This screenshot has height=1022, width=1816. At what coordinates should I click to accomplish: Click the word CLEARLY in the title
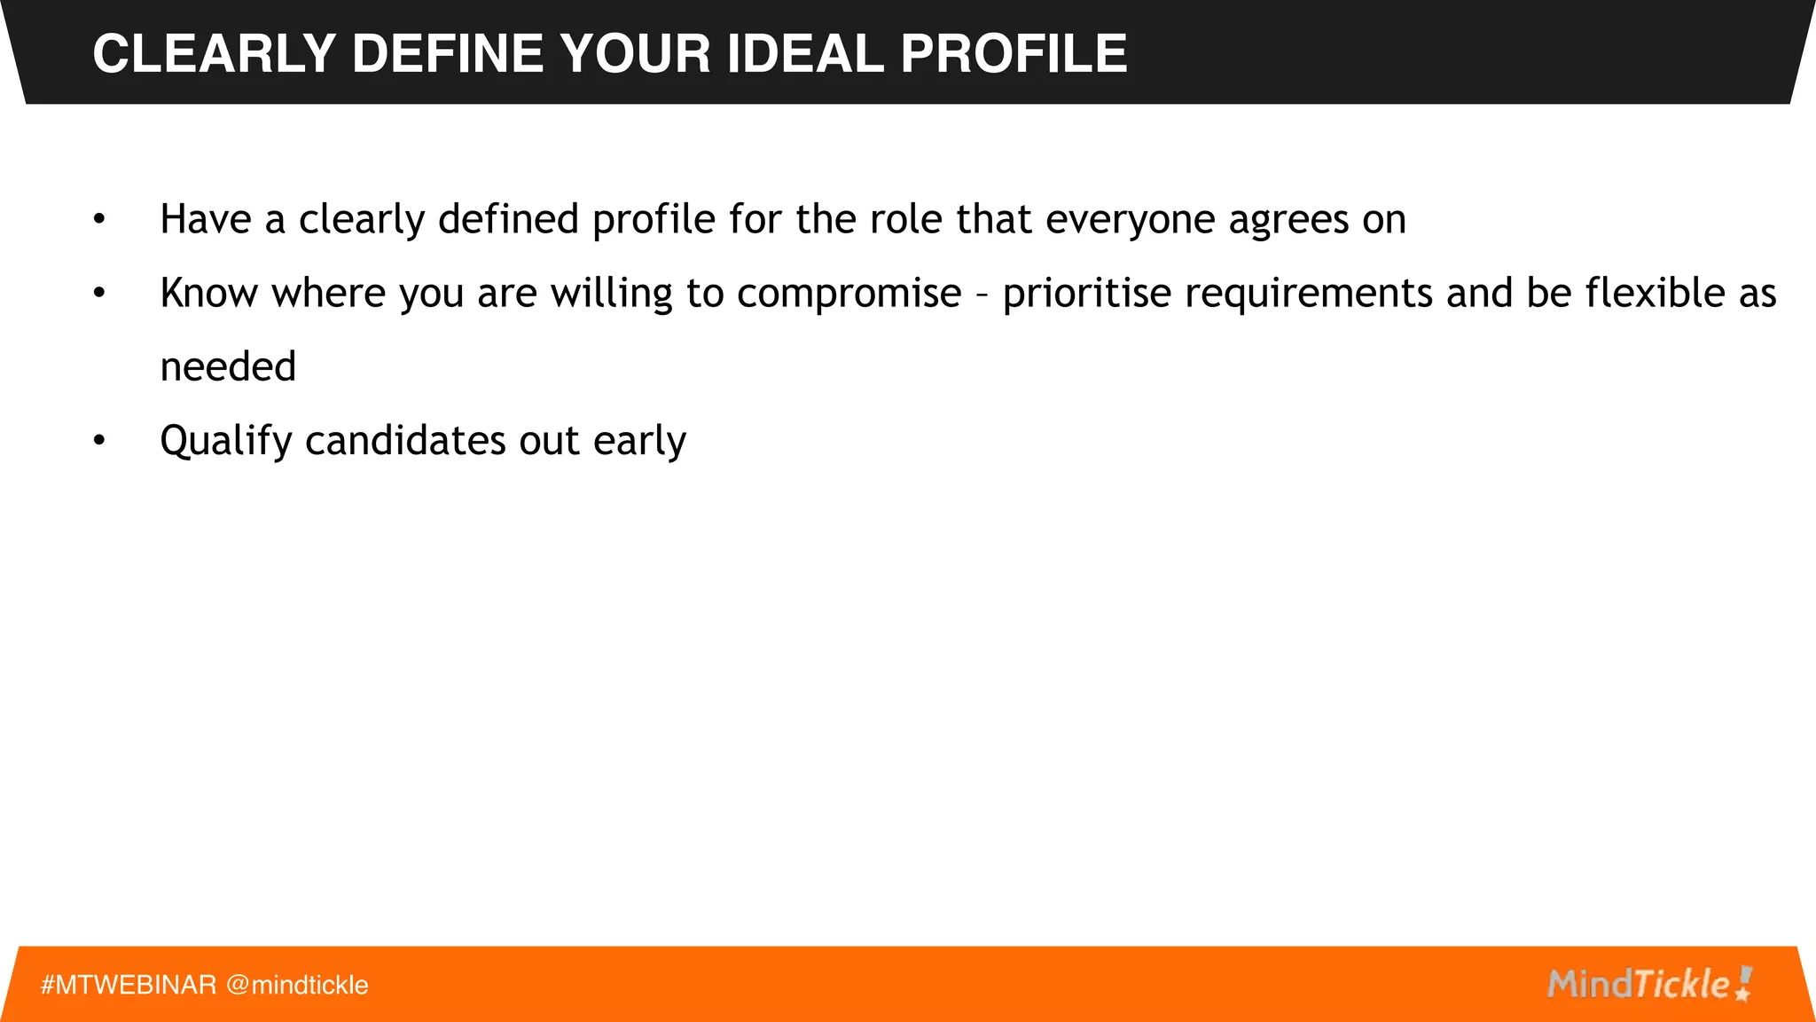(214, 53)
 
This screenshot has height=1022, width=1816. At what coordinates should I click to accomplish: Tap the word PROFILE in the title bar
(1014, 53)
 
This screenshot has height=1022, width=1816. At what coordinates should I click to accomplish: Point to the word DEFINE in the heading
(448, 53)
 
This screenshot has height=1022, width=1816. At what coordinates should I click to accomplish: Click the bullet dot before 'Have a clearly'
(99, 219)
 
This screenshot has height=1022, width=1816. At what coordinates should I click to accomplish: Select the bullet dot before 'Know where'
(99, 293)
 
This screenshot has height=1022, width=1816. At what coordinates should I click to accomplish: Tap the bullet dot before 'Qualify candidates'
(99, 440)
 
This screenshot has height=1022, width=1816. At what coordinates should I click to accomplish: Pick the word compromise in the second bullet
(849, 294)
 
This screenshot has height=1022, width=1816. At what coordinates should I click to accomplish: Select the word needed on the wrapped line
(228, 366)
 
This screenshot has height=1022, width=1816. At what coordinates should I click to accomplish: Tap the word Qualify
(225, 441)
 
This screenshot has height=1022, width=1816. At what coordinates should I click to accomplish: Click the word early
(639, 441)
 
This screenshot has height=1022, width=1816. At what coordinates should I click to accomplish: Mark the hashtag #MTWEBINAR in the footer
(129, 985)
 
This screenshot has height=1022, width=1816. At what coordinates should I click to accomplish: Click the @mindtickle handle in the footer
(297, 985)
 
